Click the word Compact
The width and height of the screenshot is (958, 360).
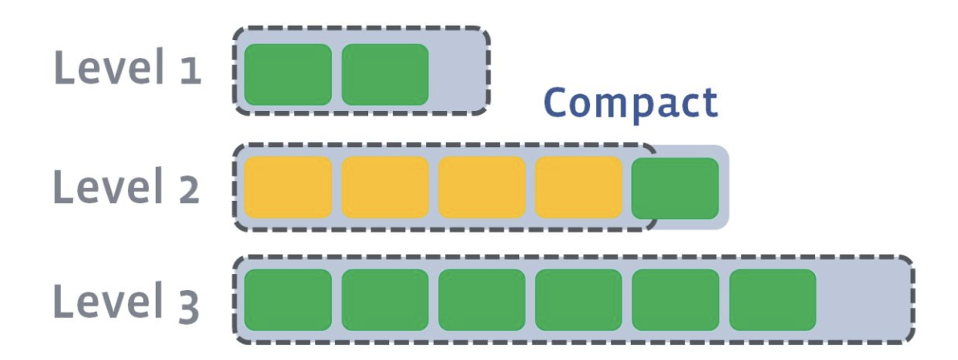coord(630,103)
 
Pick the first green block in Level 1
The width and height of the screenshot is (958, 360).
coord(288,74)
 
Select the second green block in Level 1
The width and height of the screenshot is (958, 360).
coord(385,74)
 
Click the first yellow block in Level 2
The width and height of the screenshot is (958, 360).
coord(288,187)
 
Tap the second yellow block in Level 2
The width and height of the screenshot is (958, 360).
coord(385,187)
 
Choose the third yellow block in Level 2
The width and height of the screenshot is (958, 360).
coord(481,187)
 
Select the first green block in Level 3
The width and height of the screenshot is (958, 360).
coord(288,300)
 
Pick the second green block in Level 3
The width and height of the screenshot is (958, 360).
coord(385,300)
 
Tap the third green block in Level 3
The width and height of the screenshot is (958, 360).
coord(481,300)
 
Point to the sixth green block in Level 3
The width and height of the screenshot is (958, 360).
coord(772,300)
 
